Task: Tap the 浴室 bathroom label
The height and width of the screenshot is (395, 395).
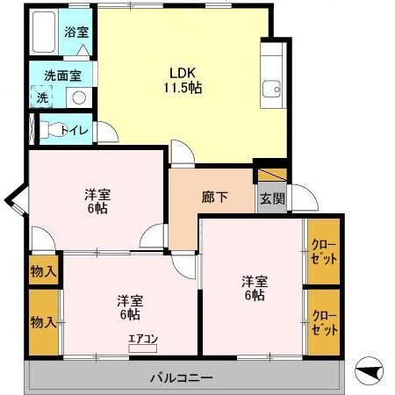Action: point(76,32)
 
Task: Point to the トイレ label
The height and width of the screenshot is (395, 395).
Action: point(75,131)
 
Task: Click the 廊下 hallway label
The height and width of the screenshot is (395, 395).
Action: point(215,197)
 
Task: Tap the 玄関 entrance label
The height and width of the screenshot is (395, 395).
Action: point(271,198)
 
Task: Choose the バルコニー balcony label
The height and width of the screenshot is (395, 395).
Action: point(181,378)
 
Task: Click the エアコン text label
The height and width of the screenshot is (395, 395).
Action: point(142,337)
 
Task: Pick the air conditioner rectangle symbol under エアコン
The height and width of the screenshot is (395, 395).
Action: point(141,348)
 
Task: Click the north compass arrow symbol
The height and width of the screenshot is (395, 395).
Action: point(372,371)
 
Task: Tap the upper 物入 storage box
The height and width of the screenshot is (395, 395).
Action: point(43,271)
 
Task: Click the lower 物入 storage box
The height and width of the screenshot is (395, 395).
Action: point(43,321)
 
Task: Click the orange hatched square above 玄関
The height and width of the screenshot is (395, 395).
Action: point(272,174)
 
